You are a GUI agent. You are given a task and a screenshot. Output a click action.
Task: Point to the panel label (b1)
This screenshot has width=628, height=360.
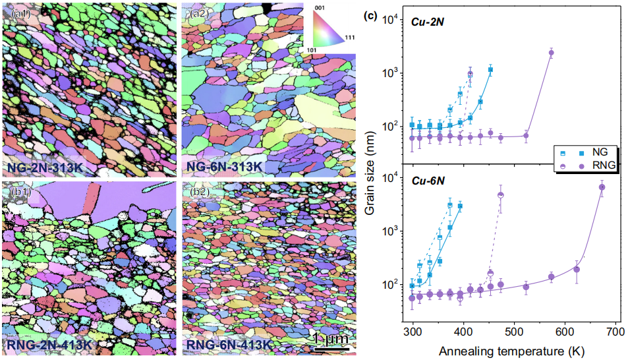15,193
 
